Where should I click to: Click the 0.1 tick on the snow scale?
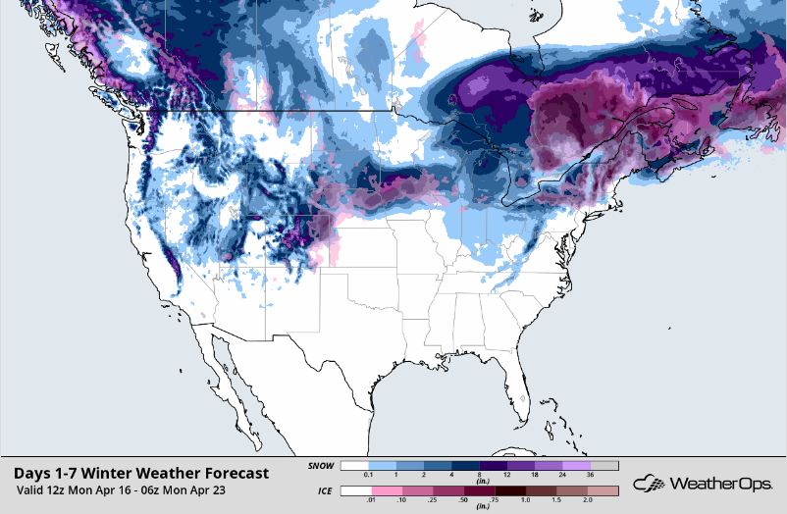[x=368, y=476]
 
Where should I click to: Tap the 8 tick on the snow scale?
[x=480, y=476]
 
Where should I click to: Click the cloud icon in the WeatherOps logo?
[x=648, y=483]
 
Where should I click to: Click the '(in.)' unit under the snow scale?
[x=480, y=483]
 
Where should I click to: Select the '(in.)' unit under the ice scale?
[x=480, y=507]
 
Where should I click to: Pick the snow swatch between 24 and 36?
[x=577, y=466]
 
